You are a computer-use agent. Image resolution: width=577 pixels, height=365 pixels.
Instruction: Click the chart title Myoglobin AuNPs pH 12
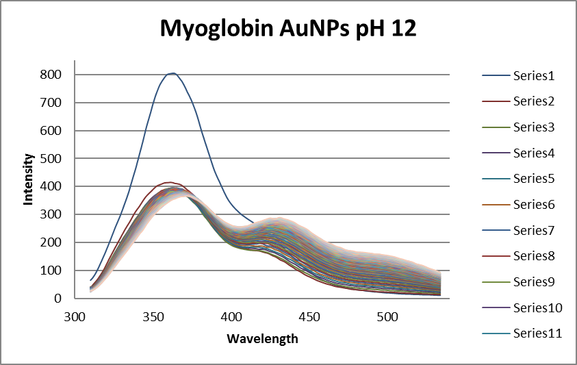(288, 29)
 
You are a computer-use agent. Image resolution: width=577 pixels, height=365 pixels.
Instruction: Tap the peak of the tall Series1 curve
(173, 73)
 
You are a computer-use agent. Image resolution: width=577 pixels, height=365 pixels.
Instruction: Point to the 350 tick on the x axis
(154, 317)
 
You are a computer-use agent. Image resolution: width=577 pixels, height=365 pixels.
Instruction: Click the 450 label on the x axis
(310, 317)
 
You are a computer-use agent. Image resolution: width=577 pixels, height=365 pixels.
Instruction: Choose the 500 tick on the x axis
(388, 317)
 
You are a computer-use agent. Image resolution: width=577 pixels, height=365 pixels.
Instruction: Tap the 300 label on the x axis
(76, 317)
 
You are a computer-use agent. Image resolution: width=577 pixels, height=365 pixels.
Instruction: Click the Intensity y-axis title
(29, 179)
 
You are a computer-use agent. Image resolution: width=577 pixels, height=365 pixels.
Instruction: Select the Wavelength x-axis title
(262, 338)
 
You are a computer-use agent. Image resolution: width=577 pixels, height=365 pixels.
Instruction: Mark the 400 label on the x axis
(232, 317)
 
